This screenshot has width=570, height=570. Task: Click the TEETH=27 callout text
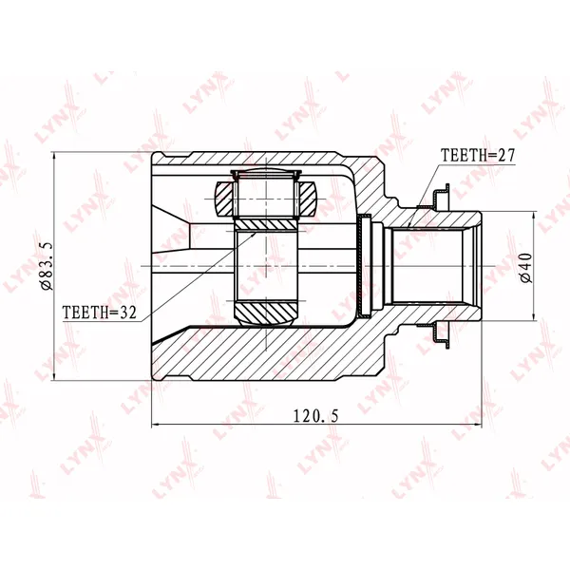[x=478, y=155]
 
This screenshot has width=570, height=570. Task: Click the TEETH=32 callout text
[x=99, y=313]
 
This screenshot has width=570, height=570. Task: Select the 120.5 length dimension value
[x=315, y=416]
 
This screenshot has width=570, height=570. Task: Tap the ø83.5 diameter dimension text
[x=47, y=266]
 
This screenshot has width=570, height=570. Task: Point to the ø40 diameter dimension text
[x=525, y=268]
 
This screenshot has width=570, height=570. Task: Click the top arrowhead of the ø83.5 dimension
[x=54, y=155]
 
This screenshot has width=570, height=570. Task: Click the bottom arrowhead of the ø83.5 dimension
[x=54, y=377]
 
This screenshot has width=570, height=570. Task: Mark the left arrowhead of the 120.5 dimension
[x=154, y=424]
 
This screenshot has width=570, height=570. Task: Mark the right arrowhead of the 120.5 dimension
[x=479, y=424]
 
